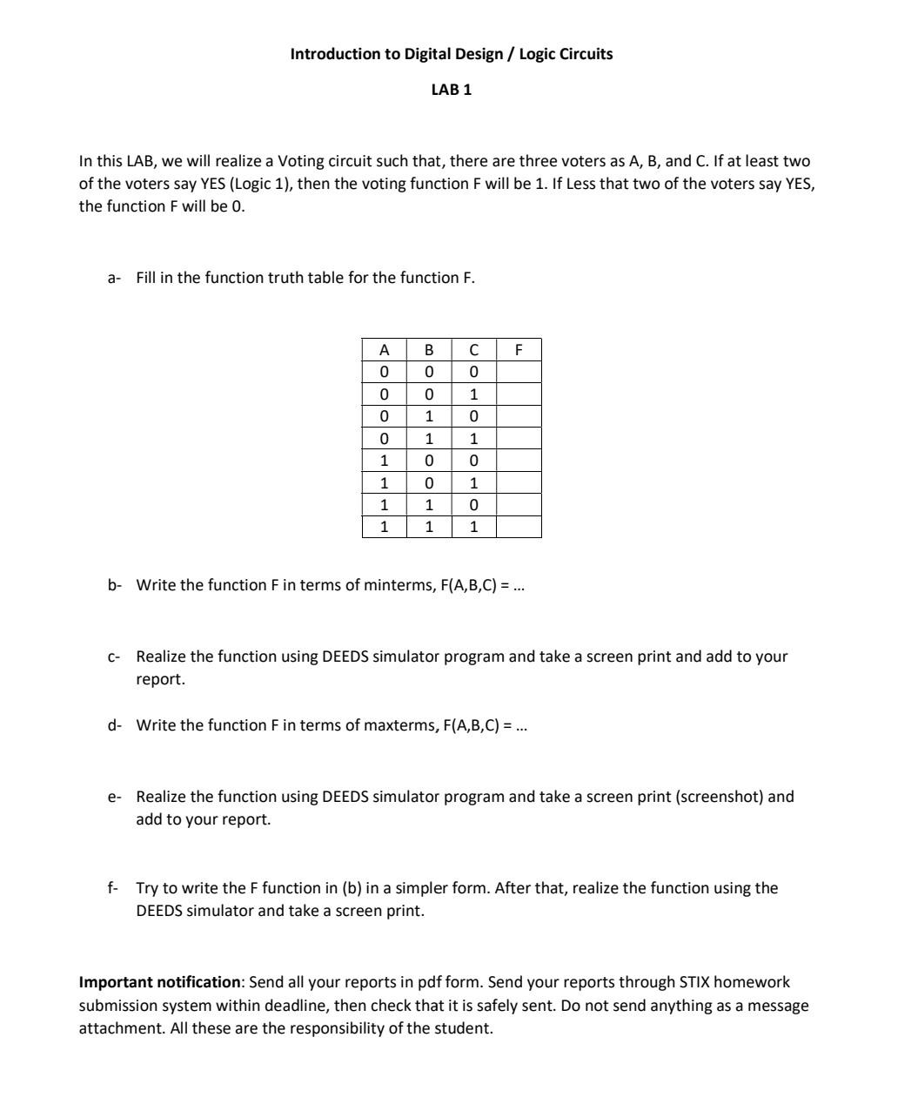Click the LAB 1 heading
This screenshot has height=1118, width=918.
point(451,90)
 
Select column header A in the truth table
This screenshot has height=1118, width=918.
point(384,350)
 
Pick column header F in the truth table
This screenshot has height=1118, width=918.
point(519,350)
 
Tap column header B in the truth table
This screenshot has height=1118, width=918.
point(428,350)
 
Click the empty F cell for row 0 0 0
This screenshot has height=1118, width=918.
point(519,372)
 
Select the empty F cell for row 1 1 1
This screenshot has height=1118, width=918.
point(519,527)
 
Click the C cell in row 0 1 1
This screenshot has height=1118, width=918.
point(473,439)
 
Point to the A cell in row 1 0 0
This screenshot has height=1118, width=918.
point(384,461)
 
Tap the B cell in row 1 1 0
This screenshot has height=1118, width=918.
point(428,505)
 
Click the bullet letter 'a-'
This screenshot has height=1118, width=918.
point(113,278)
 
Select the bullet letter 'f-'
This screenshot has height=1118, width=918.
point(112,888)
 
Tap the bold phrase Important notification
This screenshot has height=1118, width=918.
point(159,982)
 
